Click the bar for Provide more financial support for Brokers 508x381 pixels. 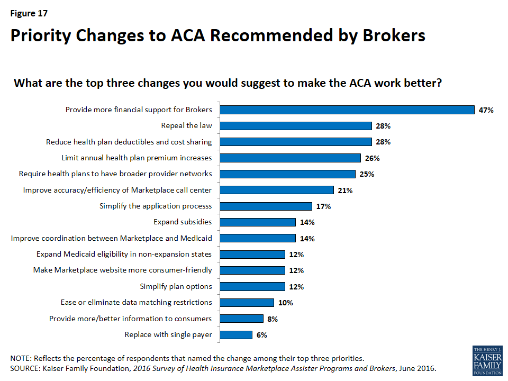coord(347,110)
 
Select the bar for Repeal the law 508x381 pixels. coord(296,126)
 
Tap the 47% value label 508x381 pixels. coord(486,110)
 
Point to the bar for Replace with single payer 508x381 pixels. coord(236,334)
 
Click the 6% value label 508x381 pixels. coord(261,335)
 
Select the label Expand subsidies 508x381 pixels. coord(183,222)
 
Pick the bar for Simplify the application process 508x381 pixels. coord(266,206)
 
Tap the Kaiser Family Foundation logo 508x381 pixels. coord(487,361)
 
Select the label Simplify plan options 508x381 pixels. coord(176,286)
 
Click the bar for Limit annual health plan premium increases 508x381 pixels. coord(290,158)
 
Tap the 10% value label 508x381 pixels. coord(285,303)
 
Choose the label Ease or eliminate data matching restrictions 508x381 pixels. coord(137,302)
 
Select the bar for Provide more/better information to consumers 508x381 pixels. coord(241,319)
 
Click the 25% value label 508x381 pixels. coord(367,174)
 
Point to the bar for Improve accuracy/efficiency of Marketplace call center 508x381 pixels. coord(277,190)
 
